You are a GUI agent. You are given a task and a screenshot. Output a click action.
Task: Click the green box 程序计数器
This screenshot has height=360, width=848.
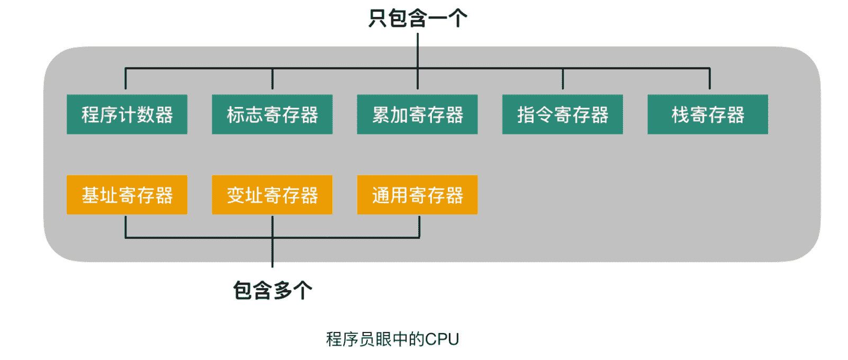coord(127,114)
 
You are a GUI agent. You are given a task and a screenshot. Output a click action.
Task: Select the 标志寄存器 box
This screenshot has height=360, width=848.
coord(272,114)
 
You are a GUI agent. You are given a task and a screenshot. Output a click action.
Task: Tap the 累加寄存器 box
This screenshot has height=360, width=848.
coord(417,114)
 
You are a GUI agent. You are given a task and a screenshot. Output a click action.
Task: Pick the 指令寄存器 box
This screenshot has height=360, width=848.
coord(562,114)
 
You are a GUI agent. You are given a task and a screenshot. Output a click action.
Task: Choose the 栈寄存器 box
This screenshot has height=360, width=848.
coord(708,114)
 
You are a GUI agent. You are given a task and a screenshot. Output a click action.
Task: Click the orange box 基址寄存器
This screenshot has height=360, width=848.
coord(127,195)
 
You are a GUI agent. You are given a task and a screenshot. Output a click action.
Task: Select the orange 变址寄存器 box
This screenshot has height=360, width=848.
coord(272,195)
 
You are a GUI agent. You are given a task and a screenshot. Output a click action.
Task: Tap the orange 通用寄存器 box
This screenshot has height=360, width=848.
coord(417,195)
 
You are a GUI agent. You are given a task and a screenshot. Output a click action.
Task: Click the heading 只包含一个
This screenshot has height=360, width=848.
coord(418,18)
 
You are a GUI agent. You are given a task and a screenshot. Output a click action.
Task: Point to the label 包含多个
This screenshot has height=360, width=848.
coord(273,290)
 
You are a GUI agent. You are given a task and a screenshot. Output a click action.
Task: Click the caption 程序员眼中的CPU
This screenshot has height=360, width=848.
coord(392,339)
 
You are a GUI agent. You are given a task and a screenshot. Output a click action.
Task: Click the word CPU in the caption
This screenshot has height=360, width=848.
coord(442,339)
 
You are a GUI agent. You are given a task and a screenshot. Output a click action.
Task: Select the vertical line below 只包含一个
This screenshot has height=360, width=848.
coord(418,50)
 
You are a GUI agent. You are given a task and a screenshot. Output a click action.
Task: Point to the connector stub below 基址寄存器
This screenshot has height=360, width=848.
coord(125,227)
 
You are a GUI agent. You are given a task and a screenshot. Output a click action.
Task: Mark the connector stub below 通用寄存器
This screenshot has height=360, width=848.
coord(419,227)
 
